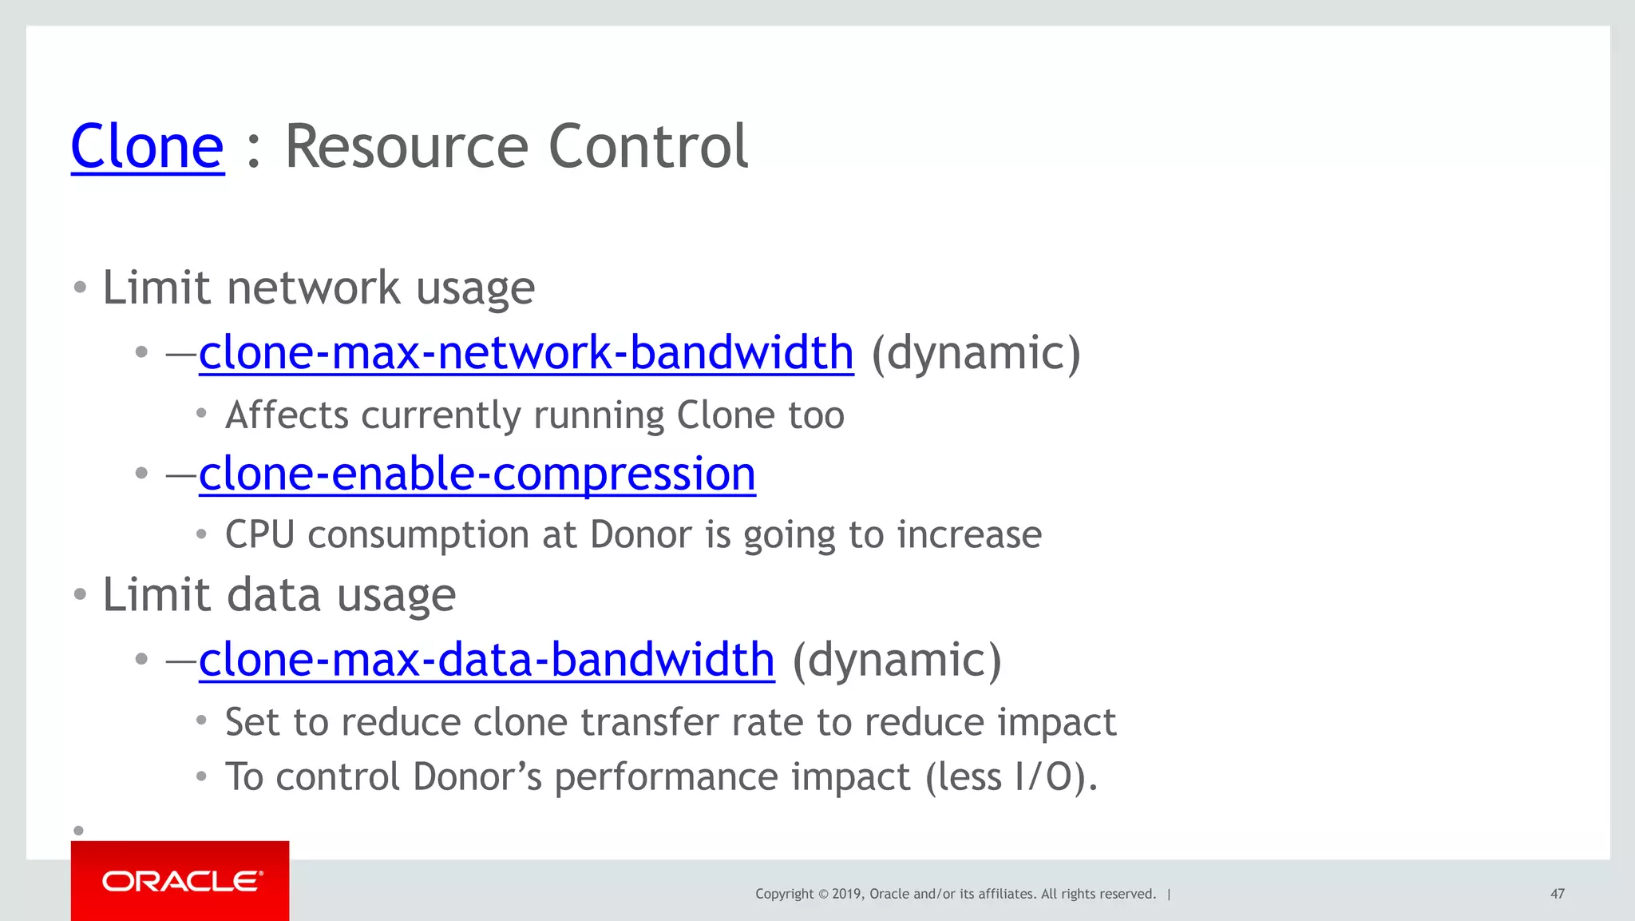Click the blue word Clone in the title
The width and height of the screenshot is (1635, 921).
click(x=148, y=147)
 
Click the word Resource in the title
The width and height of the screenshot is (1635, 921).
click(x=406, y=147)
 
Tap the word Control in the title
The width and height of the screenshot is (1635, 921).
click(x=648, y=147)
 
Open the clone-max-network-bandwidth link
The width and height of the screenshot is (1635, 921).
click(x=526, y=353)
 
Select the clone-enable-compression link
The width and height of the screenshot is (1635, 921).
click(x=477, y=474)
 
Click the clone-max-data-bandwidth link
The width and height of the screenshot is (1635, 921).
click(x=486, y=661)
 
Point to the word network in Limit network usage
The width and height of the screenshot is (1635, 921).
click(x=313, y=288)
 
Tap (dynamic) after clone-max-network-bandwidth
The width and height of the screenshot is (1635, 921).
click(x=976, y=353)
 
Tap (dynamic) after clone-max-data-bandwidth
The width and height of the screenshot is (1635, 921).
click(x=897, y=661)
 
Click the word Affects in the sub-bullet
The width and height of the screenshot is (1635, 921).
click(x=287, y=415)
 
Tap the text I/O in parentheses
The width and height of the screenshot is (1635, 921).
click(x=1043, y=777)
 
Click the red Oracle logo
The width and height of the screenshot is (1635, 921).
click(x=180, y=881)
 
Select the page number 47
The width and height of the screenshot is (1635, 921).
click(x=1557, y=894)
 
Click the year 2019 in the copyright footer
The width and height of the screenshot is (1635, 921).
click(x=846, y=894)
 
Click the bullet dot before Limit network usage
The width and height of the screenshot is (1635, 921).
click(x=79, y=288)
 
